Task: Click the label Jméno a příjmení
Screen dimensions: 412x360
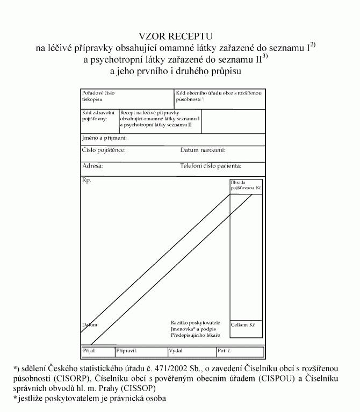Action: coord(104,139)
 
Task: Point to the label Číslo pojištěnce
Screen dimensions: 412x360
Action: coord(104,150)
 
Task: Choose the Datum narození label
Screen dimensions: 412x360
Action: coord(203,150)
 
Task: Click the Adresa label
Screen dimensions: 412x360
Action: coord(92,166)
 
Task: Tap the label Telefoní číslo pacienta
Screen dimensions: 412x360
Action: coord(211,166)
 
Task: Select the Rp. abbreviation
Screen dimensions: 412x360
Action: coord(87,180)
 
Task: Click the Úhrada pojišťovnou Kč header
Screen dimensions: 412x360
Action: coord(246,186)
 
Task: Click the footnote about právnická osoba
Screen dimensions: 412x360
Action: coord(90,398)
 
